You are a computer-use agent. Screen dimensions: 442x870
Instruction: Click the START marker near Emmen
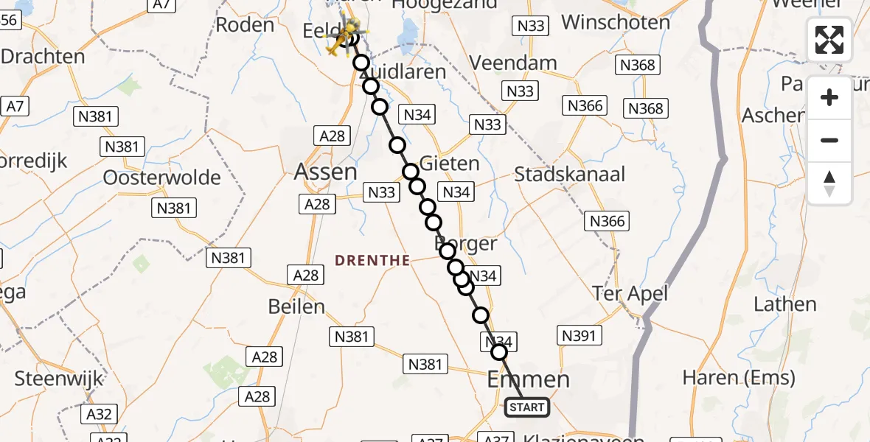(x=527, y=407)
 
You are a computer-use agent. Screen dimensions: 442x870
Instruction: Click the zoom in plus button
(x=829, y=97)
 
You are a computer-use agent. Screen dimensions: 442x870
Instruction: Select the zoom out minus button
(x=829, y=140)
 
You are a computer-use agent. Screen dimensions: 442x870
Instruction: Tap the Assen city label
(x=325, y=172)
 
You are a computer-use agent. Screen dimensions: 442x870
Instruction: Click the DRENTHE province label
(x=372, y=260)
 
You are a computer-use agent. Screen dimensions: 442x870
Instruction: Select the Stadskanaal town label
(x=569, y=175)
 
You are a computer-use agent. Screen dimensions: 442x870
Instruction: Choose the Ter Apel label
(x=630, y=294)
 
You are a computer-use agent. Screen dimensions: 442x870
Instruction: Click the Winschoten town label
(x=616, y=22)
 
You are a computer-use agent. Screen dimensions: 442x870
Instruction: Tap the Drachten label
(x=43, y=56)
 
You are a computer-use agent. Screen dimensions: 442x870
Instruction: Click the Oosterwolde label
(x=161, y=178)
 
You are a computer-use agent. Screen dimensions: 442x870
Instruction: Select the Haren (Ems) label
(x=739, y=379)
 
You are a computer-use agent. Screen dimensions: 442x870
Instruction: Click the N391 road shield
(x=580, y=336)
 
